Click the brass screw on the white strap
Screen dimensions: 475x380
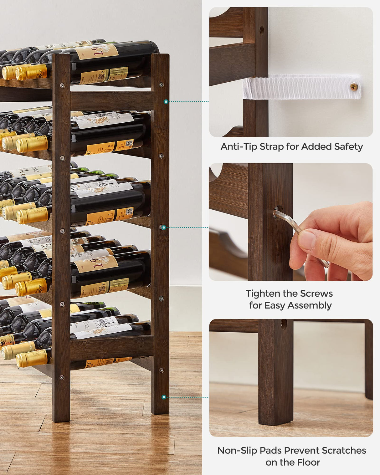(354, 87)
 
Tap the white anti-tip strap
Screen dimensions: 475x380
(300, 87)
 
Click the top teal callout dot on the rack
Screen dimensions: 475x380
(166, 101)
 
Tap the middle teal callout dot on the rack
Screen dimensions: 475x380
(164, 227)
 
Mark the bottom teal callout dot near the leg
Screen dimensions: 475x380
(164, 397)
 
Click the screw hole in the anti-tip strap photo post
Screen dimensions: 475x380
(262, 30)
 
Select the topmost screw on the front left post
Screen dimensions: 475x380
(62, 85)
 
